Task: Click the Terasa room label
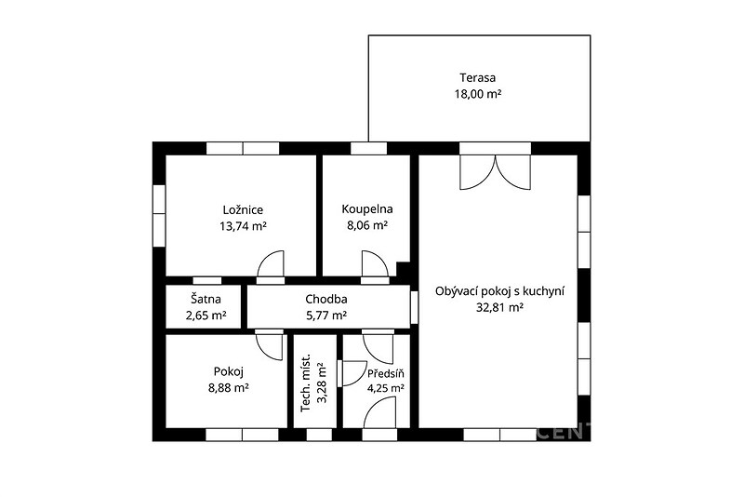(x=477, y=77)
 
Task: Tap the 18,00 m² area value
(x=478, y=93)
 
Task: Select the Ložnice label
(x=243, y=209)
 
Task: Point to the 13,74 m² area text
(x=243, y=226)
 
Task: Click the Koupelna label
(x=367, y=208)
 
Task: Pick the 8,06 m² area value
(x=367, y=225)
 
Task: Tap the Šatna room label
(x=206, y=299)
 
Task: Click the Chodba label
(x=326, y=299)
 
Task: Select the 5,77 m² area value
(x=326, y=316)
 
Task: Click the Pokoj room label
(x=229, y=371)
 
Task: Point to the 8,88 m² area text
(x=229, y=388)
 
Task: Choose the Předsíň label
(x=386, y=373)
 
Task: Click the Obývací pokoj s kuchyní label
(x=499, y=291)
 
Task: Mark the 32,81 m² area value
(x=499, y=307)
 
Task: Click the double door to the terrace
(x=495, y=172)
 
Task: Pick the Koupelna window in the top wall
(x=368, y=148)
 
